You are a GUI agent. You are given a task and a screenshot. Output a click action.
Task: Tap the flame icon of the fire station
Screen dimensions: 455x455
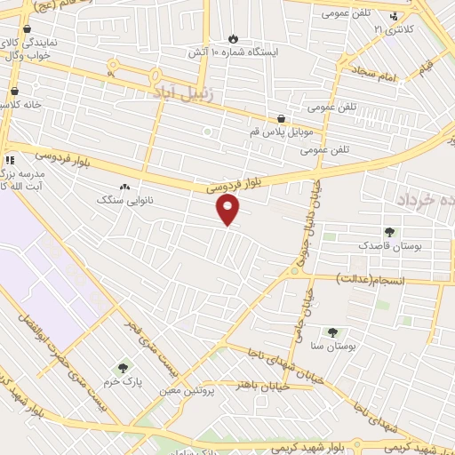(234, 38)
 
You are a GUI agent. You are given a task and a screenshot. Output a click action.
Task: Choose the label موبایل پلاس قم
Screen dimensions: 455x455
(282, 132)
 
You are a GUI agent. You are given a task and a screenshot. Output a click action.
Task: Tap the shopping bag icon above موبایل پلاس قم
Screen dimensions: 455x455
(282, 118)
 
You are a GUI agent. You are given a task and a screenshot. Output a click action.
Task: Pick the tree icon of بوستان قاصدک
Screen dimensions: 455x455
(390, 232)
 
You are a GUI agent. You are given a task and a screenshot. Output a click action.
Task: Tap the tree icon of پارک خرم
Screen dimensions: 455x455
(123, 367)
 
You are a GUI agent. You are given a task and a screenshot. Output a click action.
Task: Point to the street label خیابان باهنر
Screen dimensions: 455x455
(258, 385)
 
